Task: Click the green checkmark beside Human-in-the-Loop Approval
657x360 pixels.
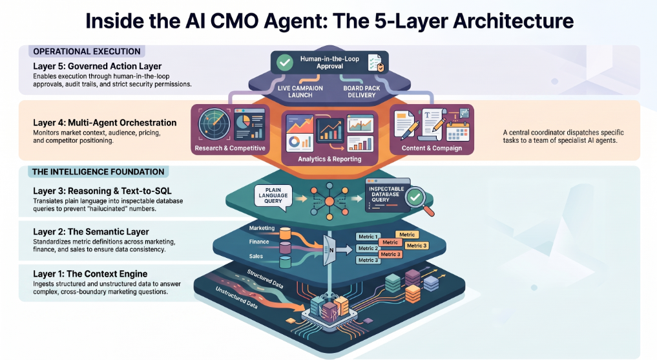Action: pyautogui.click(x=284, y=63)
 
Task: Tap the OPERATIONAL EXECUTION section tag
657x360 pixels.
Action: pyautogui.click(x=87, y=52)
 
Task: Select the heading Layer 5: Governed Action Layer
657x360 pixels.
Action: pyautogui.click(x=97, y=66)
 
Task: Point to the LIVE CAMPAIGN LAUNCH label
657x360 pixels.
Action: pyautogui.click(x=300, y=92)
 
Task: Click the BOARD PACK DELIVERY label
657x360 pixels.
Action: pyautogui.click(x=362, y=92)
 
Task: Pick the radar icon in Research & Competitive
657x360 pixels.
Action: pyautogui.click(x=214, y=124)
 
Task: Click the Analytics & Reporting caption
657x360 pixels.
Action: pyautogui.click(x=329, y=159)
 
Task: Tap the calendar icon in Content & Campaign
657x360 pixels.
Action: pyautogui.click(x=457, y=131)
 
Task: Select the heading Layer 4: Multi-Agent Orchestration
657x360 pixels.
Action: pyautogui.click(x=105, y=123)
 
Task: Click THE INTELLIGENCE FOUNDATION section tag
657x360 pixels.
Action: pyautogui.click(x=98, y=172)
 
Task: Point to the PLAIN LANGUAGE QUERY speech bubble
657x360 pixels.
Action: pyautogui.click(x=273, y=196)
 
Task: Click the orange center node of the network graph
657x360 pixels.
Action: pyautogui.click(x=329, y=202)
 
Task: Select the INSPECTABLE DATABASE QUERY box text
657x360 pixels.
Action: pyautogui.click(x=386, y=195)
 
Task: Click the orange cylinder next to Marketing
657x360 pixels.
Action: pyautogui.click(x=285, y=233)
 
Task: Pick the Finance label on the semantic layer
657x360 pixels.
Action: pyautogui.click(x=259, y=242)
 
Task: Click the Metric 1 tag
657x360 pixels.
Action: pyautogui.click(x=368, y=237)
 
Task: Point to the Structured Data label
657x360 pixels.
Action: pyautogui.click(x=265, y=279)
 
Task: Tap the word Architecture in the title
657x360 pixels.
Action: pyautogui.click(x=514, y=21)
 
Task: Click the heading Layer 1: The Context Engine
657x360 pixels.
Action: pyautogui.click(x=90, y=274)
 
